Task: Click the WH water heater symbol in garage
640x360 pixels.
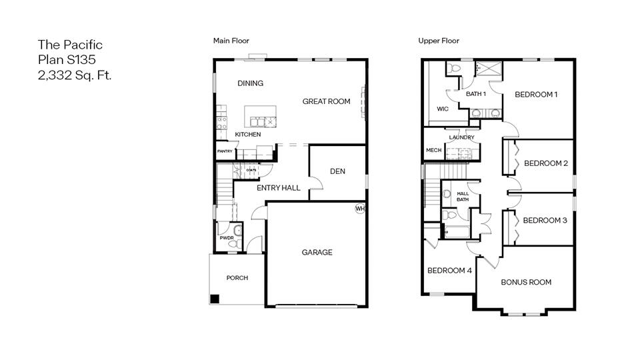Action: point(360,209)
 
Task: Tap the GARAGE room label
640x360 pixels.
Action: point(317,253)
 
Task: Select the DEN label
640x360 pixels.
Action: point(337,171)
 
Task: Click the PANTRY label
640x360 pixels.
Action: point(225,151)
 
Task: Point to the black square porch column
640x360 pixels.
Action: point(215,299)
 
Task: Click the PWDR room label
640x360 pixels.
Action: point(227,237)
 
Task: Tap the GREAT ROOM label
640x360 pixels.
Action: point(326,101)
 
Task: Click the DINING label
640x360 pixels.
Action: point(250,83)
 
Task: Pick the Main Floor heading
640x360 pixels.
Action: point(231,41)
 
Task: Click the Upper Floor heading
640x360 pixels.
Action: point(439,41)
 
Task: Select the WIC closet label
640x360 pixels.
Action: point(443,108)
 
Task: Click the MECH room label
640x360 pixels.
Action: point(434,151)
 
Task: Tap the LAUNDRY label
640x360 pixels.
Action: point(461,137)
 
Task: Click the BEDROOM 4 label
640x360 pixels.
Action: point(449,271)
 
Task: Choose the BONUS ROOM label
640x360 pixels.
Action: point(526,282)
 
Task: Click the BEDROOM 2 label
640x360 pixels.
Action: point(545,163)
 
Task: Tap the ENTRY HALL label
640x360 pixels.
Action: point(279,188)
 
